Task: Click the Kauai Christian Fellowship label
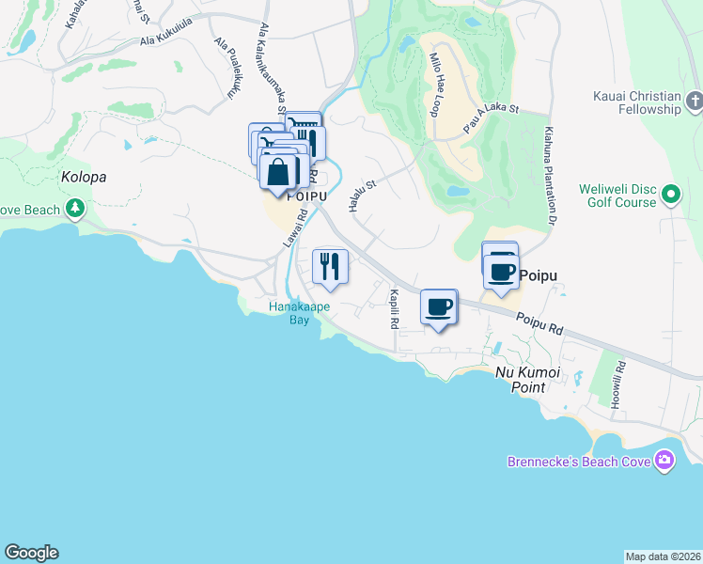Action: pos(636,102)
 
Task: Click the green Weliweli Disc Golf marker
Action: pos(670,195)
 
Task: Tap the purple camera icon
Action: pos(664,461)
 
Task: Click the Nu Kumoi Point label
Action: pos(527,381)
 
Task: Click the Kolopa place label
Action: pos(85,177)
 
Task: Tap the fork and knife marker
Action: pos(329,266)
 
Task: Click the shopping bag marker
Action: pos(279,173)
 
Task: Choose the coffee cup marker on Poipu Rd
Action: pos(439,306)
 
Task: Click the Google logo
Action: pos(31,553)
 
